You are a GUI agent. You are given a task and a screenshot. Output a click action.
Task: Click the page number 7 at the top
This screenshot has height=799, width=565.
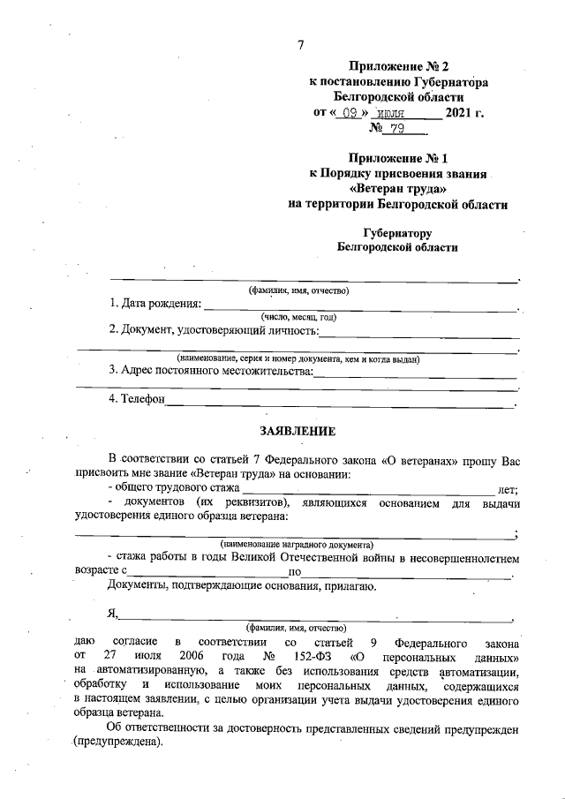tap(301, 45)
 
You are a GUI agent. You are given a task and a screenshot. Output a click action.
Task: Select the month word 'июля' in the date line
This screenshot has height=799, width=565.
tap(389, 114)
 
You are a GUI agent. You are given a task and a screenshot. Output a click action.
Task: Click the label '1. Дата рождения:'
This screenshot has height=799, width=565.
tap(155, 304)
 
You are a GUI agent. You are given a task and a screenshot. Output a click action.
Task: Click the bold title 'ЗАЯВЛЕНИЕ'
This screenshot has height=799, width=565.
tap(298, 432)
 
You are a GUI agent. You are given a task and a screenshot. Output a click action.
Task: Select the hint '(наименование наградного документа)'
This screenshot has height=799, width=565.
tap(297, 545)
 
